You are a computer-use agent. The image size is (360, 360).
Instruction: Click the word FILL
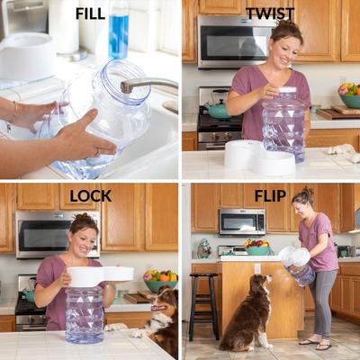coord(90,13)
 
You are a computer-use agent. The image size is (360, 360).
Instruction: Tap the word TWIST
coord(270,13)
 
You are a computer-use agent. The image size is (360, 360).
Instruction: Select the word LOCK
coord(90,195)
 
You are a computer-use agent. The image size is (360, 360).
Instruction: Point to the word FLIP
coord(270,195)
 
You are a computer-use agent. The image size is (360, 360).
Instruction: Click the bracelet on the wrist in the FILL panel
coord(14,112)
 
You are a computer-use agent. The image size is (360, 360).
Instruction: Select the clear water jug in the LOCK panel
coord(85,313)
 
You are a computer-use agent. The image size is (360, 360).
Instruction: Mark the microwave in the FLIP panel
coord(241,221)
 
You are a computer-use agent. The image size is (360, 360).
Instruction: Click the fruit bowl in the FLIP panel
coord(256,243)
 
